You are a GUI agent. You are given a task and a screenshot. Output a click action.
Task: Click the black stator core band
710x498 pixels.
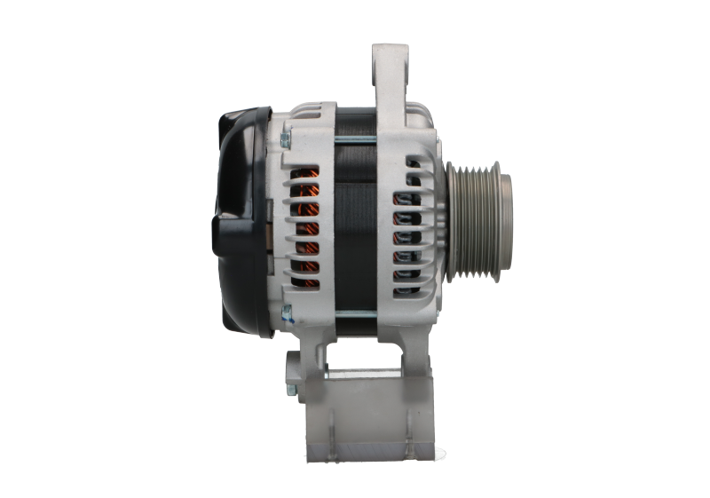click(355, 222)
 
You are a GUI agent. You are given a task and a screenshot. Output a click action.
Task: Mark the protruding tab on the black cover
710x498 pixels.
click(218, 235)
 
